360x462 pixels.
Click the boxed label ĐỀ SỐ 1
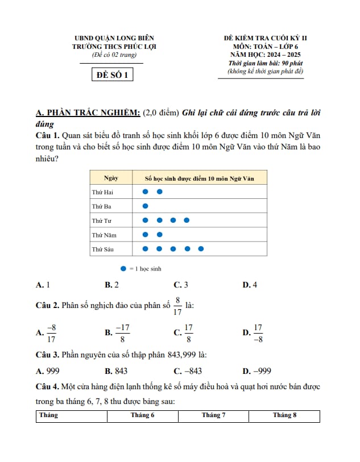coord(113,74)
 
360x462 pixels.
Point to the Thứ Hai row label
coord(102,192)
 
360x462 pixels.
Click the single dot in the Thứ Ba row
coord(145,206)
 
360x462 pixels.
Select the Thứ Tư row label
coord(102,220)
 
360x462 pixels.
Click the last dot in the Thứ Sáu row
coord(201,248)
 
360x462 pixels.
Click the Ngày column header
coord(111,178)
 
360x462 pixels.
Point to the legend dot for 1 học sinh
coord(123,268)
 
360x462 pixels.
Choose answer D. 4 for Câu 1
coord(250,285)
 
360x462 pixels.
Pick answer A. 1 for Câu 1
coord(43,285)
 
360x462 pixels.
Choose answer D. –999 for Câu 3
coord(256,371)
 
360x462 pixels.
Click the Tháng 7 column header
coord(213,415)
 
